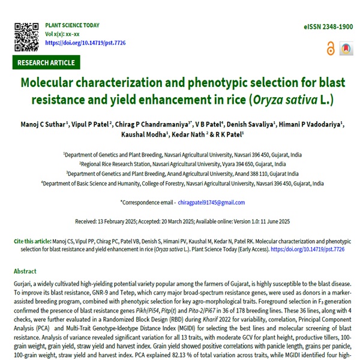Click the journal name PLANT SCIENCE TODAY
coord(72,26)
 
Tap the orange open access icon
coord(330,49)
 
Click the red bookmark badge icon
coord(346,49)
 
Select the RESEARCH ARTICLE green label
coord(46,62)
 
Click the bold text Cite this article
coord(34,241)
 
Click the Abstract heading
coord(25,271)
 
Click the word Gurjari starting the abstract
coord(23,282)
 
